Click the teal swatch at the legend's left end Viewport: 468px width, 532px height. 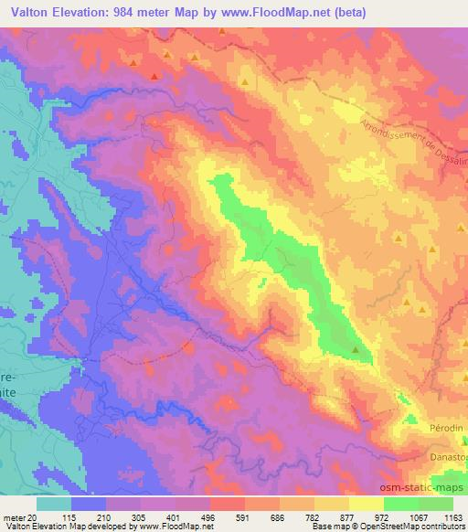tap(55, 504)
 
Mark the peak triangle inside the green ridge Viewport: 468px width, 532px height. tap(356, 349)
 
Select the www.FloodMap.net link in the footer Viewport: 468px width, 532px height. tap(182, 527)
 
